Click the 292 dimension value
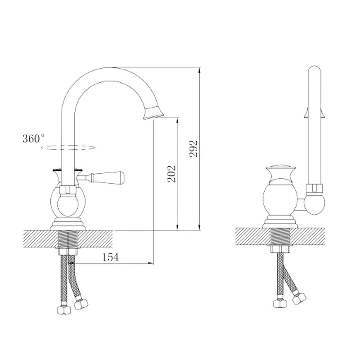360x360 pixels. point(193,148)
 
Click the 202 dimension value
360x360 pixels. point(172,174)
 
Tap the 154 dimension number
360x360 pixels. point(110,257)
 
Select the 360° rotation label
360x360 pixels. point(33,139)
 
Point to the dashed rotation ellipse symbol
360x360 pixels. point(68,148)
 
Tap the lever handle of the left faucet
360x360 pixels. point(100,177)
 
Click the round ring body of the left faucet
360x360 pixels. point(68,202)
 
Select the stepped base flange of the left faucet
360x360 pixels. point(68,225)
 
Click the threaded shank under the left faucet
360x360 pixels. point(68,239)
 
